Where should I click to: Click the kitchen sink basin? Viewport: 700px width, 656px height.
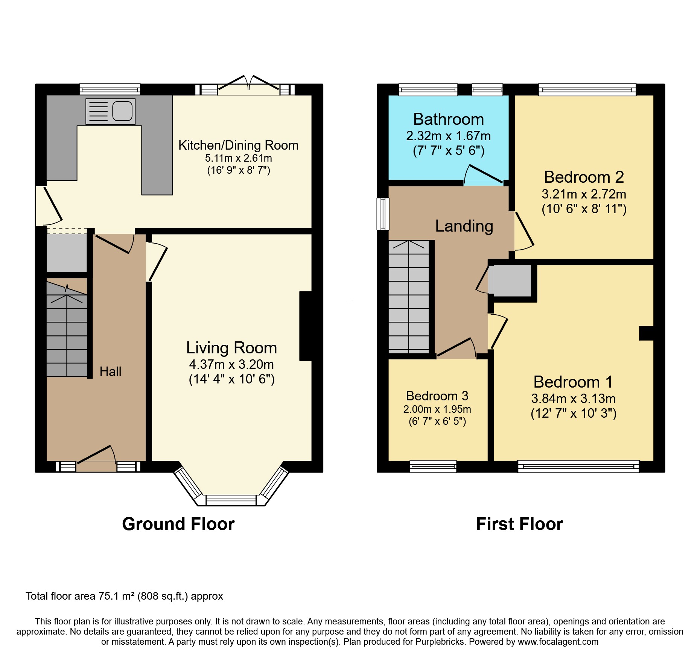pos(122,111)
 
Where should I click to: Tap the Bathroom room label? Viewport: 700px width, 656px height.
pos(448,120)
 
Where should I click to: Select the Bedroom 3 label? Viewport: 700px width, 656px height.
pos(437,396)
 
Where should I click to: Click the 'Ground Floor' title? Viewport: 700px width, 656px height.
pos(178,524)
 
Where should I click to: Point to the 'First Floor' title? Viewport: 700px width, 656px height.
pos(519,524)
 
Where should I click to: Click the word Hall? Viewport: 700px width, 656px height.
pos(110,371)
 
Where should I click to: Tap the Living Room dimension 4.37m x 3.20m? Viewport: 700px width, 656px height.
pos(231,364)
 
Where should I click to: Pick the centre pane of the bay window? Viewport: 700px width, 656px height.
pos(231,500)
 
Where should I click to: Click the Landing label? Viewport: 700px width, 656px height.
pos(464,226)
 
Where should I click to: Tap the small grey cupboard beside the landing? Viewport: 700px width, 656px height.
pos(512,280)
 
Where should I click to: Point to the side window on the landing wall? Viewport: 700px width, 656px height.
pos(383,214)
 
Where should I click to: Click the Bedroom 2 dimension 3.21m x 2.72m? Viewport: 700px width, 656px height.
pos(584,194)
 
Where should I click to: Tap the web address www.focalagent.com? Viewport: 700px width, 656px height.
pos(558,642)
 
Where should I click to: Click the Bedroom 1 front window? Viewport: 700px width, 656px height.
pos(578,467)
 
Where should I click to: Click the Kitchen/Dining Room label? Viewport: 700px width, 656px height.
pos(238,145)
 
